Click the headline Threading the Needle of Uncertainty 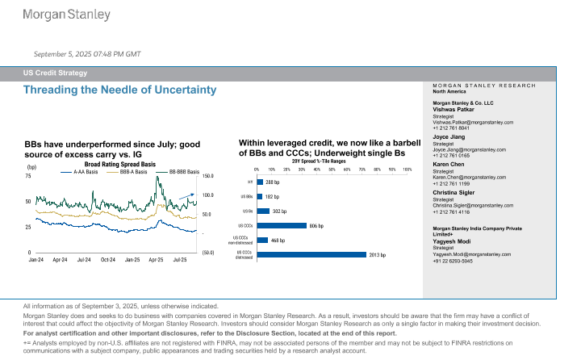click(x=120, y=89)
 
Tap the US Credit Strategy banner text click(x=55, y=73)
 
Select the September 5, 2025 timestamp click(x=87, y=53)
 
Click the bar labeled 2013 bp click(x=311, y=254)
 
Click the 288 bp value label click(x=272, y=182)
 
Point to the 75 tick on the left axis click(x=28, y=175)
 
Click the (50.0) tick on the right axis click(x=207, y=253)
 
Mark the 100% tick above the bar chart click(x=407, y=170)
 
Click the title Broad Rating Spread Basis click(x=119, y=163)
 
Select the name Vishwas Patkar click(x=455, y=110)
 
